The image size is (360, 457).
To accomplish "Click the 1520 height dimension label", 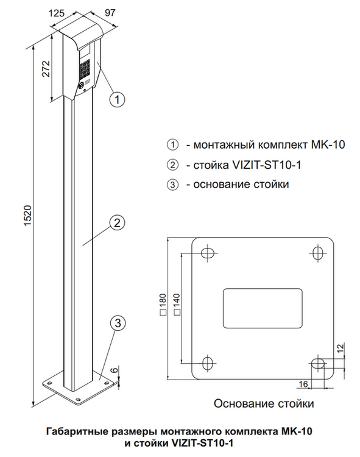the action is [27, 215].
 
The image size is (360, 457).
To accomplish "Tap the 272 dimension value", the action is [46, 69].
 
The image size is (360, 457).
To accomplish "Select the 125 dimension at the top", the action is [57, 13].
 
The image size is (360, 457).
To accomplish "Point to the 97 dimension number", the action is [110, 13].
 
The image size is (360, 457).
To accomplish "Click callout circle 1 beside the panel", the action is [117, 99].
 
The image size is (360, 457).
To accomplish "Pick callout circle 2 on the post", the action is [117, 223].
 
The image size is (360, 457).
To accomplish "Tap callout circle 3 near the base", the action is [118, 323].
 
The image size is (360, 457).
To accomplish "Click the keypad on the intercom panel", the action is [84, 69].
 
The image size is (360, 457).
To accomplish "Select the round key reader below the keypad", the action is [81, 86].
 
